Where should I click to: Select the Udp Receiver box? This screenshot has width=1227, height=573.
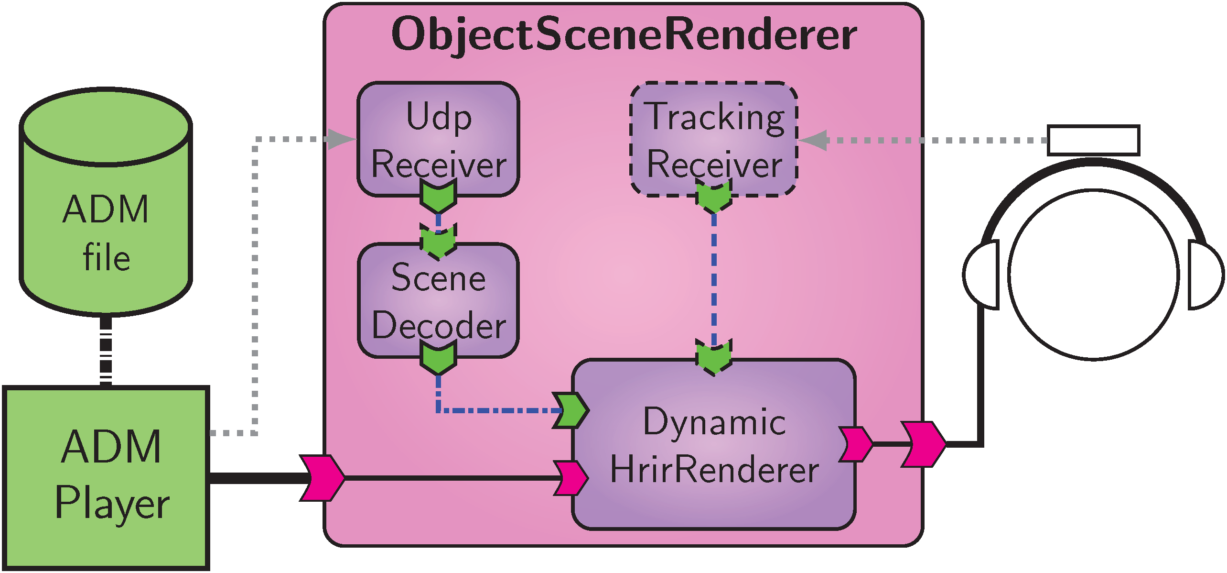click(438, 139)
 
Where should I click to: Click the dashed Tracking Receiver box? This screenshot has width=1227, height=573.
click(714, 139)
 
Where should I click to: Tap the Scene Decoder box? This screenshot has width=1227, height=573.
click(438, 300)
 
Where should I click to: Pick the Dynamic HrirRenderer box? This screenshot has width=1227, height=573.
click(714, 445)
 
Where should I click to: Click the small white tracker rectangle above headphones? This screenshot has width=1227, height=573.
click(1093, 140)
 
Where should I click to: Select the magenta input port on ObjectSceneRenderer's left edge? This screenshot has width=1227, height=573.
click(322, 478)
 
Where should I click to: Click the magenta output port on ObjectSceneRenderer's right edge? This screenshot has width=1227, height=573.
click(923, 444)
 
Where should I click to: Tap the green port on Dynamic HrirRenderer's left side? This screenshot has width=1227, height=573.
click(570, 410)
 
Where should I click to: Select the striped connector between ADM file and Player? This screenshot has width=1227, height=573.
click(106, 352)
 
